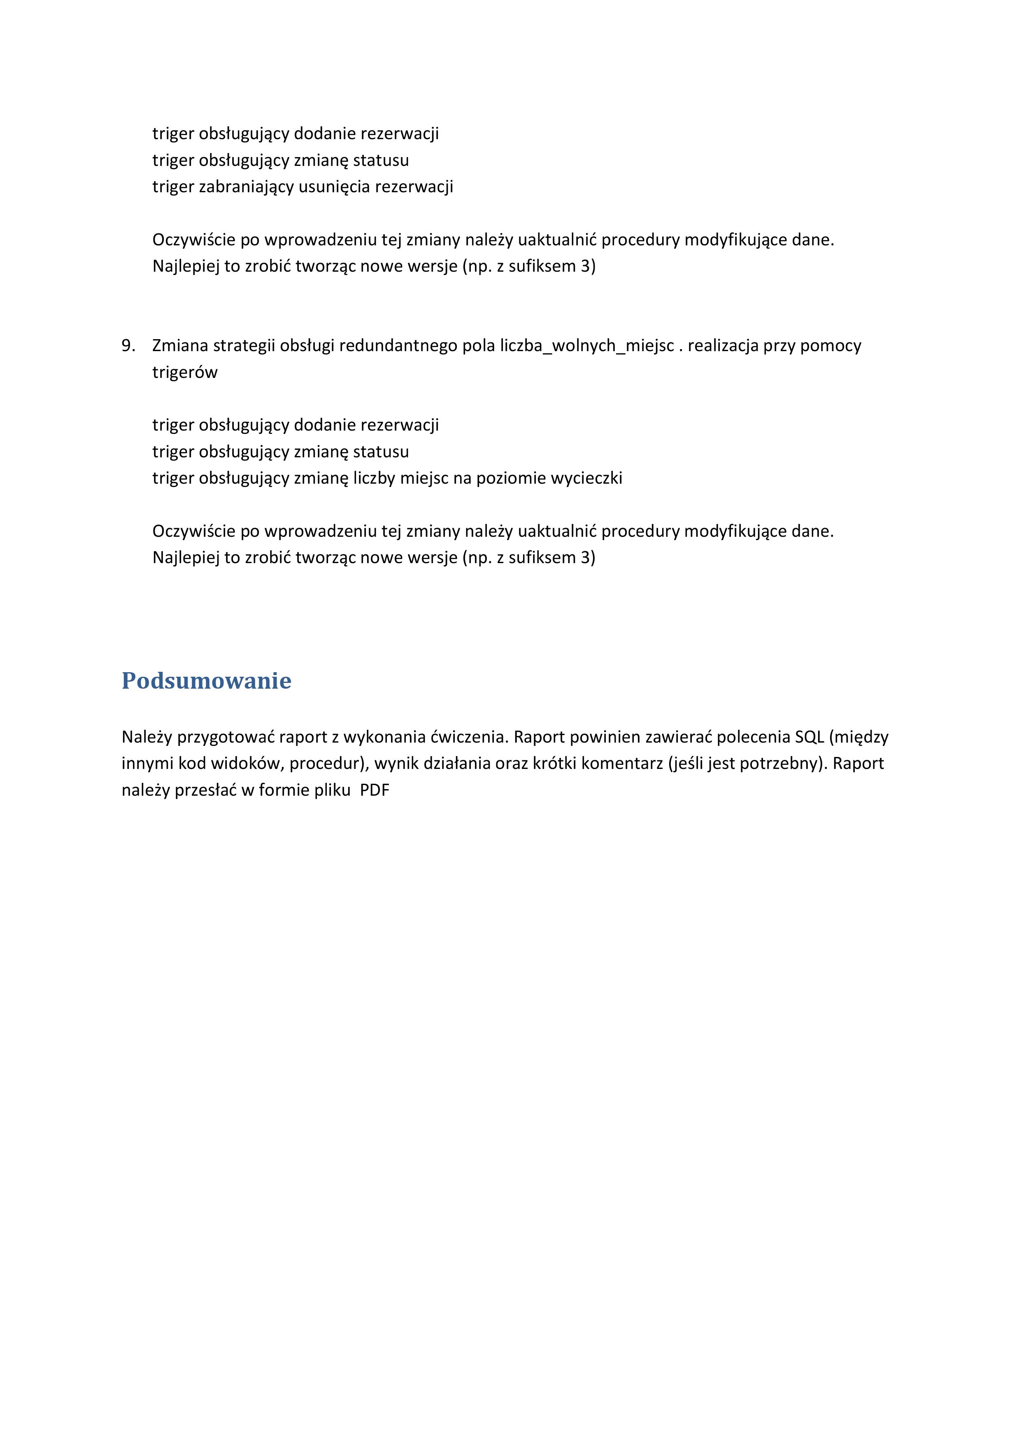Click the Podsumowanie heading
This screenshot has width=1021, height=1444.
tap(206, 681)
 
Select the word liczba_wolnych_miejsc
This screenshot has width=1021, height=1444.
tap(587, 345)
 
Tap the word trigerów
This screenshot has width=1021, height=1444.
tap(185, 373)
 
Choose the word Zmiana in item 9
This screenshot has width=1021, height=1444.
tap(180, 345)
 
